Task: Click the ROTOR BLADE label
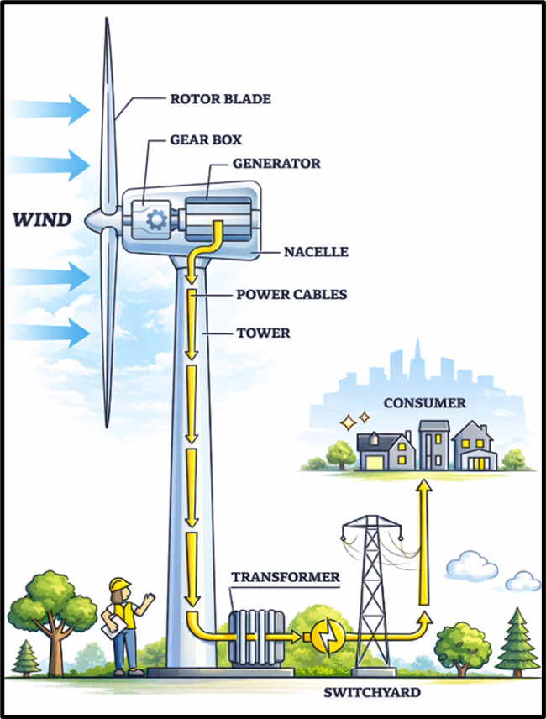pos(220,99)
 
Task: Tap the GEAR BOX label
pos(207,139)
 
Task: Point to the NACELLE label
pos(316,251)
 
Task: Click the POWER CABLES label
pos(291,295)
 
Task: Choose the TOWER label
pos(262,333)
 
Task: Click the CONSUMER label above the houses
pos(424,403)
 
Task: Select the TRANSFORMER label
pos(286,578)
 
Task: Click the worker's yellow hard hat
pos(121,584)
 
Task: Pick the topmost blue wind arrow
pos(50,108)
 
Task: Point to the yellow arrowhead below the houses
pos(424,487)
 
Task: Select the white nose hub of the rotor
pos(94,220)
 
